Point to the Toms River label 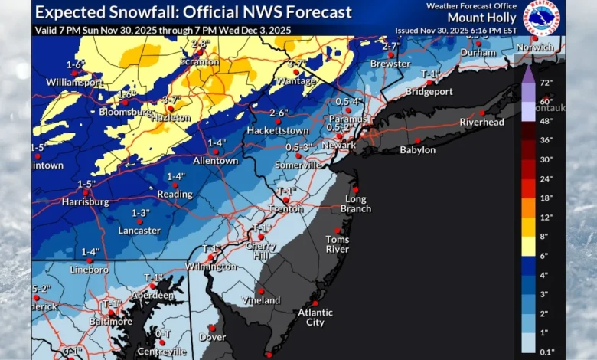point(337,244)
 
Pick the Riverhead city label point(481,123)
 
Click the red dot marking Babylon point(417,140)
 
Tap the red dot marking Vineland point(260,291)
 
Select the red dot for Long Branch point(355,190)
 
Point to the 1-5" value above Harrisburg point(86,184)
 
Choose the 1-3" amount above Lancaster point(139,212)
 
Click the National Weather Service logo point(541,18)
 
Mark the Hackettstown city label point(277,131)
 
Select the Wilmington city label point(210,267)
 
